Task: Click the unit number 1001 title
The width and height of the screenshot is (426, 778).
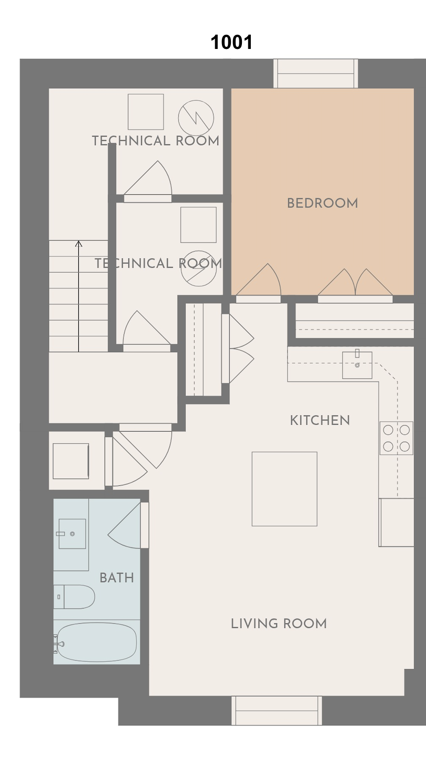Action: click(x=231, y=42)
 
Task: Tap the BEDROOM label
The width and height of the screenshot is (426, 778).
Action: click(x=322, y=203)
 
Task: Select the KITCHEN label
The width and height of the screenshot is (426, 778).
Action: click(x=320, y=420)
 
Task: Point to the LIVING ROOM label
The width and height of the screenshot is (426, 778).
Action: click(x=279, y=623)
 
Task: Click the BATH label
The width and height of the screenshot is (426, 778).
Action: click(x=117, y=577)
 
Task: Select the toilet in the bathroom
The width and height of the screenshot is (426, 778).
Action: click(x=74, y=597)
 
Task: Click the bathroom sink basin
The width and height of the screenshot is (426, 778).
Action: click(x=72, y=534)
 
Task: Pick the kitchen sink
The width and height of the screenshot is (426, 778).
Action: click(x=357, y=365)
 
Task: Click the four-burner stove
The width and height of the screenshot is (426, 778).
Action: click(x=396, y=438)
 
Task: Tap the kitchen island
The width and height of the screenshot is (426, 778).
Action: click(x=285, y=488)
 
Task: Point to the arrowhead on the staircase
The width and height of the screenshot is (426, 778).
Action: click(x=79, y=244)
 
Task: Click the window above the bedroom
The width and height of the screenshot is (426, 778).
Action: click(x=316, y=73)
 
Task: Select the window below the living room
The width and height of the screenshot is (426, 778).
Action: click(x=277, y=711)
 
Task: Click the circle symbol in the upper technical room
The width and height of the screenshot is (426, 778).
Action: click(x=196, y=118)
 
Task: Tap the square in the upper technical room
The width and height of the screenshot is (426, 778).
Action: click(x=146, y=112)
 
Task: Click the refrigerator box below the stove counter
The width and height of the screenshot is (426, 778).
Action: click(x=396, y=522)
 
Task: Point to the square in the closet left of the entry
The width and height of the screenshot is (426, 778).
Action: click(x=71, y=461)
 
